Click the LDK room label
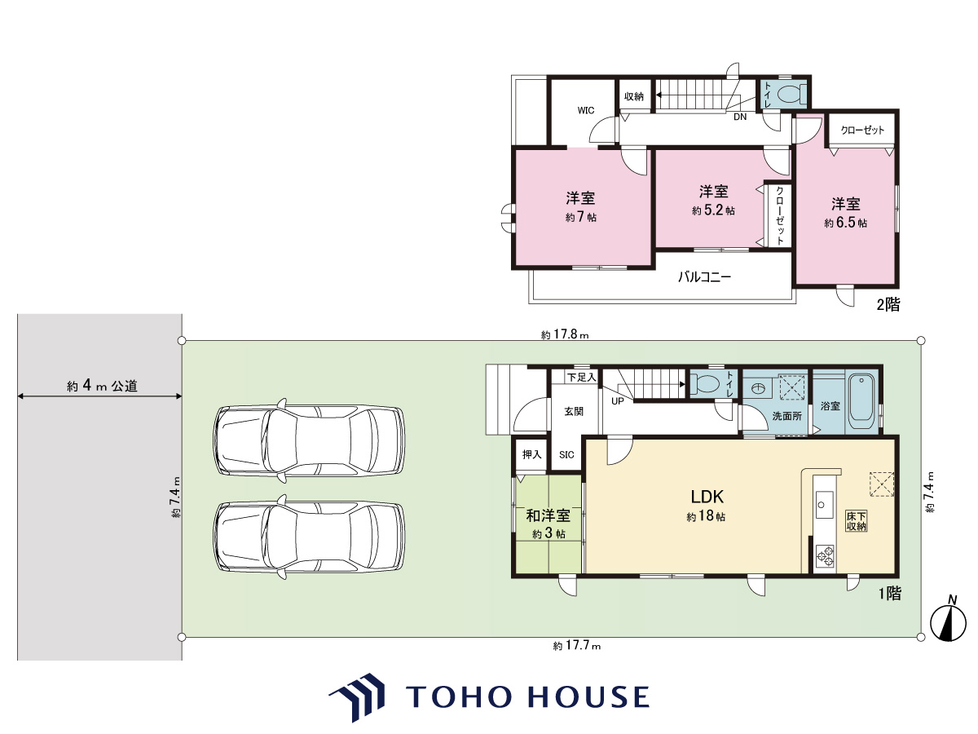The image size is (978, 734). click(x=707, y=496)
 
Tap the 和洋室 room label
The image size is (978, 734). click(x=548, y=515)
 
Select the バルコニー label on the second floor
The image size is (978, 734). click(x=704, y=277)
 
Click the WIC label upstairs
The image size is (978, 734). click(x=585, y=110)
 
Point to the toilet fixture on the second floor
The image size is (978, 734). click(x=791, y=94)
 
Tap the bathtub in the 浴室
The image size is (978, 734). click(x=861, y=401)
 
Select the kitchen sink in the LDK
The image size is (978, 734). click(x=824, y=505)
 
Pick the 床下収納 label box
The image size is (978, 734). click(x=856, y=521)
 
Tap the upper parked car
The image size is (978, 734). click(x=309, y=440)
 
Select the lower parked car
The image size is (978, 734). click(x=309, y=537)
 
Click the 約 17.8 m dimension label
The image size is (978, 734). click(x=565, y=334)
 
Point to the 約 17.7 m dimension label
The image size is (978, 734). click(x=576, y=645)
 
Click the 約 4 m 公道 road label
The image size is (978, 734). click(x=102, y=386)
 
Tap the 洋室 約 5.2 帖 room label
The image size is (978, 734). click(x=713, y=200)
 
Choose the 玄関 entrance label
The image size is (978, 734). click(x=574, y=411)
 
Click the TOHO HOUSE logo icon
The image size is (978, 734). click(x=357, y=697)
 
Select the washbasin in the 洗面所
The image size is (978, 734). click(x=757, y=389)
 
